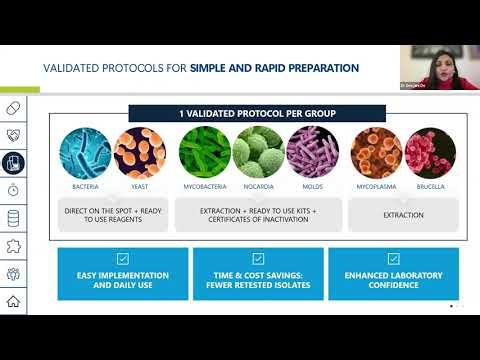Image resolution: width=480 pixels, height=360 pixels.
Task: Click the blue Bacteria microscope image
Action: (x=84, y=152)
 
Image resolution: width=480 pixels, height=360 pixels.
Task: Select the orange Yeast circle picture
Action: (x=139, y=152)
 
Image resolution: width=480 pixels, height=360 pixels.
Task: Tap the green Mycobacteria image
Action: (x=205, y=152)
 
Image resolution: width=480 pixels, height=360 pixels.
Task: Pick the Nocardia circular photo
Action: (x=258, y=152)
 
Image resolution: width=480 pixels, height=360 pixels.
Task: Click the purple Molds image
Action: (x=312, y=152)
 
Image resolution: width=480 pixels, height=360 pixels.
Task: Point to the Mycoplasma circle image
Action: (x=377, y=152)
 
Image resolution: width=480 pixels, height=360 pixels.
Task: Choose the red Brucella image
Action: (x=430, y=152)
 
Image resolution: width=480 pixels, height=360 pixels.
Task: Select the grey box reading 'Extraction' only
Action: (x=403, y=214)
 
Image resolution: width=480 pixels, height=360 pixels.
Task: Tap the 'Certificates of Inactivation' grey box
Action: (x=258, y=214)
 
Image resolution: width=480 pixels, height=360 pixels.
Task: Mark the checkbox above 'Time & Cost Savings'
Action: (x=258, y=258)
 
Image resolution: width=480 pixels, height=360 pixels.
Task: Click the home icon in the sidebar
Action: (x=13, y=301)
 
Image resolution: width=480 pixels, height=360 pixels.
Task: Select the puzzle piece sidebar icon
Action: (x=13, y=246)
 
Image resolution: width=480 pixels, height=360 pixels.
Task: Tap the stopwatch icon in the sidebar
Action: (x=13, y=190)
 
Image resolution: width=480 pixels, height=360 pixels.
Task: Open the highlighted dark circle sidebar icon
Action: (x=14, y=162)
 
